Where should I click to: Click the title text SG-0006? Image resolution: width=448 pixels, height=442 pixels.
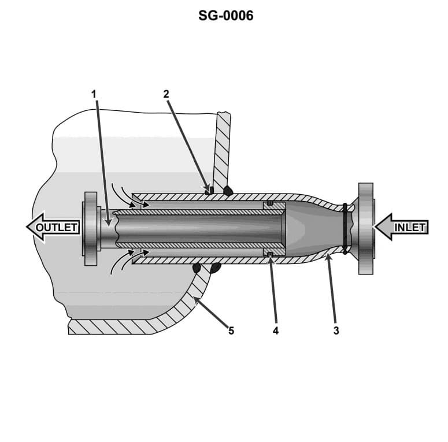[x=225, y=16]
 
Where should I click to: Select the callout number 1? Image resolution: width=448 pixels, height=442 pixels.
[x=94, y=93]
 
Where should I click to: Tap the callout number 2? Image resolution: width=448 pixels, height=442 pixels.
[x=166, y=93]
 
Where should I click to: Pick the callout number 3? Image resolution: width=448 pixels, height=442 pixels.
[x=336, y=331]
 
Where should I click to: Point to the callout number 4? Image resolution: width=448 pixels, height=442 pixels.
[x=276, y=331]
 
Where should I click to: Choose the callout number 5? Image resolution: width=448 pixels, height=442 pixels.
[x=231, y=331]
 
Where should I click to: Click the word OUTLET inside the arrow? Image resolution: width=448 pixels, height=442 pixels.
[x=57, y=227]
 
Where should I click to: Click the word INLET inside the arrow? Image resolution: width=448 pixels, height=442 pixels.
[x=410, y=227]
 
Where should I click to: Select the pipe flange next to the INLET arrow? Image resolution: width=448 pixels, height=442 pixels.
[x=366, y=228]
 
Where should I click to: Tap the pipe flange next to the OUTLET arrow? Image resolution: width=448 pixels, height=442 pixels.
[x=91, y=228]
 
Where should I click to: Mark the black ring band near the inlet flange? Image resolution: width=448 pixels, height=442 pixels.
[x=345, y=228]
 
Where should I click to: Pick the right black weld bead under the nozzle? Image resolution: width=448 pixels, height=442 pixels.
[x=216, y=267]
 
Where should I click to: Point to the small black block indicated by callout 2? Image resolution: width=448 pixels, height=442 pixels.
[x=212, y=190]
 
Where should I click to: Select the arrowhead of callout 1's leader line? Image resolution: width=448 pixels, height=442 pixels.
[x=108, y=220]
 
